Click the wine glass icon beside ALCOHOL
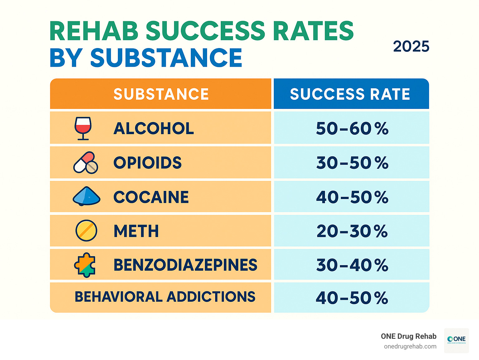(83, 128)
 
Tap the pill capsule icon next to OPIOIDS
(85, 163)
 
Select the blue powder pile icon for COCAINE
(86, 196)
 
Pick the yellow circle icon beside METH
(86, 231)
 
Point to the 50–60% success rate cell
(352, 129)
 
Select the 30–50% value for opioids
(352, 163)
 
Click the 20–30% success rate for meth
(352, 231)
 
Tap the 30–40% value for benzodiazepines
(352, 265)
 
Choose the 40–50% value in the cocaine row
(352, 197)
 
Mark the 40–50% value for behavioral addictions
(352, 298)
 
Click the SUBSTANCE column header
(161, 94)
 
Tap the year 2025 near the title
(411, 47)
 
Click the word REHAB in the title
(94, 31)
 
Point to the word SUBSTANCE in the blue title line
(166, 58)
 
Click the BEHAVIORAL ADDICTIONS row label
(165, 297)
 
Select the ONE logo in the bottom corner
(456, 340)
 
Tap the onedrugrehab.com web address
(410, 347)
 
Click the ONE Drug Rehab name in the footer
(409, 336)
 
